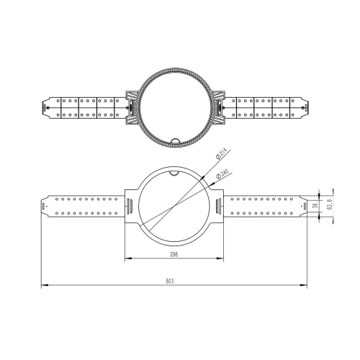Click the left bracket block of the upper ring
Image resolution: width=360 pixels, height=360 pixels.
pos(132,106)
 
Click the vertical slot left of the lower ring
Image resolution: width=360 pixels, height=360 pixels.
pos(130,205)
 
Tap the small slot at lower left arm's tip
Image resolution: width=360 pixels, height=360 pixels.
pos(45,205)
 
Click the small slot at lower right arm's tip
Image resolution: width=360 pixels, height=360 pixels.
pos(302,205)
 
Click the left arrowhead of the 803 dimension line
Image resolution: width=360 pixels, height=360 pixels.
pos(42,286)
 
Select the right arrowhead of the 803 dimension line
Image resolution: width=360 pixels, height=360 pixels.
pos(305,286)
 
